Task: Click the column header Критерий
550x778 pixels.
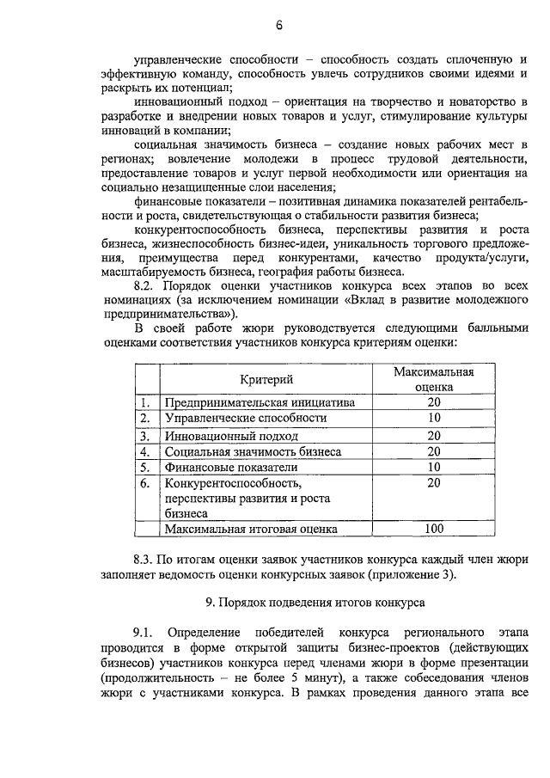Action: pos(266,379)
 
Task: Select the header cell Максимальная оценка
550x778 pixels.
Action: pos(434,379)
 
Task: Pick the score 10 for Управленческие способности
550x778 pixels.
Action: pos(434,419)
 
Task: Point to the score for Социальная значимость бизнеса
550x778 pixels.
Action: pos(434,451)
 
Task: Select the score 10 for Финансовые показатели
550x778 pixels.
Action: pos(434,468)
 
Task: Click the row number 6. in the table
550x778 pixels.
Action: pos(145,484)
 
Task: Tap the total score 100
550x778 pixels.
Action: pos(434,530)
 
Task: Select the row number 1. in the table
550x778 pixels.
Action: pos(145,402)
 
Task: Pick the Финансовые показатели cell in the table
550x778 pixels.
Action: pos(219,468)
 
